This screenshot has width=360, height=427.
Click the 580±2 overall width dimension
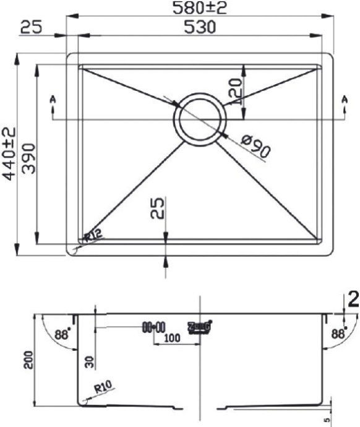point(200,8)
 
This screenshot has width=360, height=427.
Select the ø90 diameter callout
point(254,145)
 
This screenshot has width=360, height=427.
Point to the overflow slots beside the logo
point(153,326)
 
